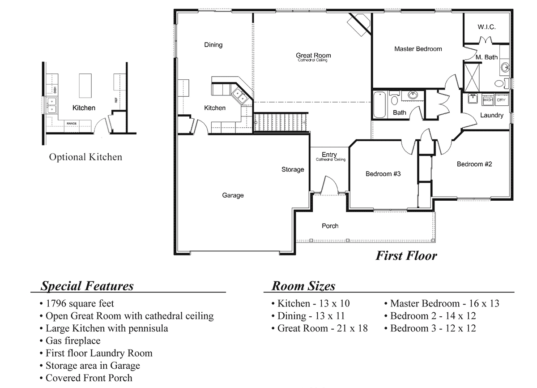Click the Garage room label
(x=233, y=195)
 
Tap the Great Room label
(x=313, y=56)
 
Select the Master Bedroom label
(x=418, y=49)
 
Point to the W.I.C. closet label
(x=486, y=27)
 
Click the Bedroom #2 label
(x=474, y=164)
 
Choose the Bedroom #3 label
(x=383, y=174)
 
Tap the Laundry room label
(x=491, y=115)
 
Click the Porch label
(x=330, y=226)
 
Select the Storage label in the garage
(x=293, y=169)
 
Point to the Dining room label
(x=213, y=45)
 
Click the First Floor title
(x=405, y=255)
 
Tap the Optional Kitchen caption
(x=85, y=157)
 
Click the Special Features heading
(x=87, y=286)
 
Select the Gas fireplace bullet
(x=72, y=341)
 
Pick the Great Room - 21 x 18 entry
(x=320, y=328)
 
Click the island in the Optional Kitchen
(x=85, y=85)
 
